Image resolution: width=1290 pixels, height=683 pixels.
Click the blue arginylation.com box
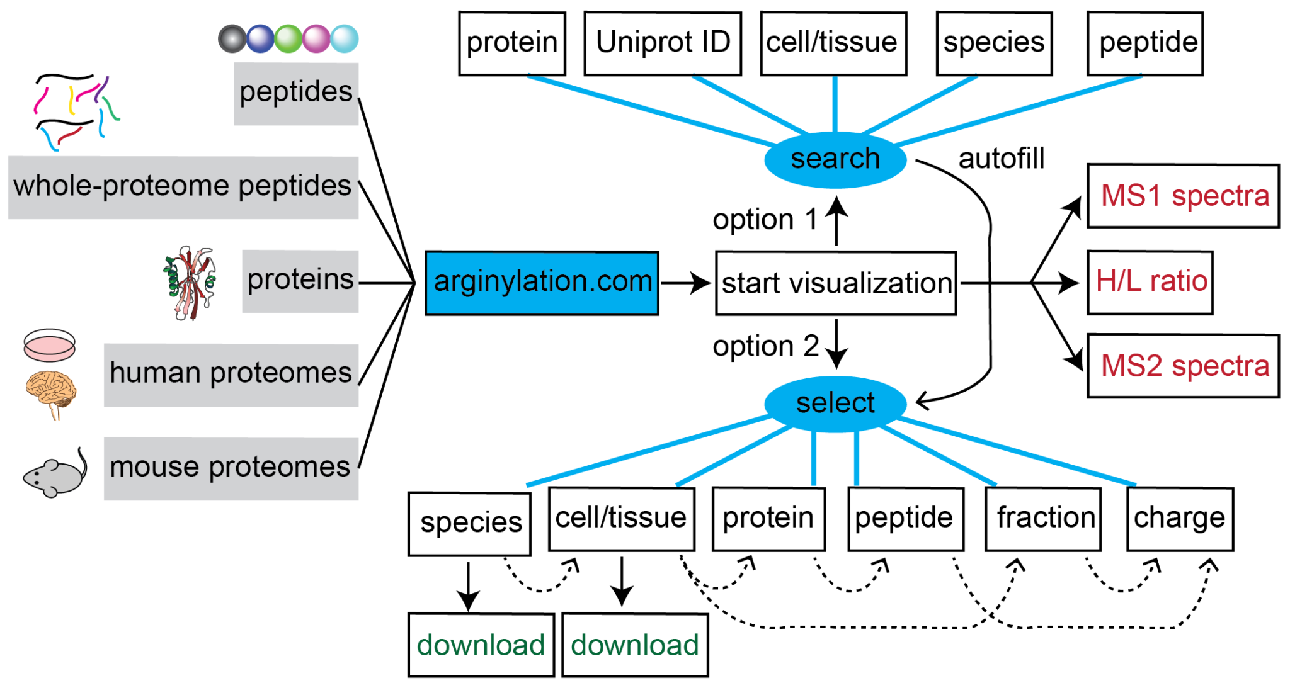pos(542,283)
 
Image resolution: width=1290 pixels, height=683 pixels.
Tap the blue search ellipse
pos(835,159)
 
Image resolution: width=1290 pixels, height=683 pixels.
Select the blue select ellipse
pos(835,404)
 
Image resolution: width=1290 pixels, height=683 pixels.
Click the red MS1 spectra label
pos(1184,196)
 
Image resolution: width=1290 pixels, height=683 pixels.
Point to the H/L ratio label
pos(1151,281)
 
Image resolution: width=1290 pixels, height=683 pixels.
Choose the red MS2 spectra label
pos(1184,366)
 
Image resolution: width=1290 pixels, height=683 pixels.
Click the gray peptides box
pos(296,93)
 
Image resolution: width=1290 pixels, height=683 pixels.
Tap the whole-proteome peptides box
pos(183,187)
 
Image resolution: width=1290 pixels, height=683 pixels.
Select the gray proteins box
pos(300,281)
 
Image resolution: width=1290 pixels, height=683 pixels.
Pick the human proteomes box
pos(231,375)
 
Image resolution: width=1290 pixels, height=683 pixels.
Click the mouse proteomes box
pos(231,468)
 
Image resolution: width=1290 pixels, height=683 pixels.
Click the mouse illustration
pos(55,475)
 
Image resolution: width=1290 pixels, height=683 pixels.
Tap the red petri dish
pos(49,345)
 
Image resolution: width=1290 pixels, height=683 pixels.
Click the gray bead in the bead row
pos(232,38)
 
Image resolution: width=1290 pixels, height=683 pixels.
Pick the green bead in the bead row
pos(288,38)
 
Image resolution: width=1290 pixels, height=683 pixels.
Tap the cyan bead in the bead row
pos(345,38)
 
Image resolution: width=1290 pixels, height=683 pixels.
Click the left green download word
pos(480,645)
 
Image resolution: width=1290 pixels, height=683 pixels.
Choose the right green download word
pos(634,645)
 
